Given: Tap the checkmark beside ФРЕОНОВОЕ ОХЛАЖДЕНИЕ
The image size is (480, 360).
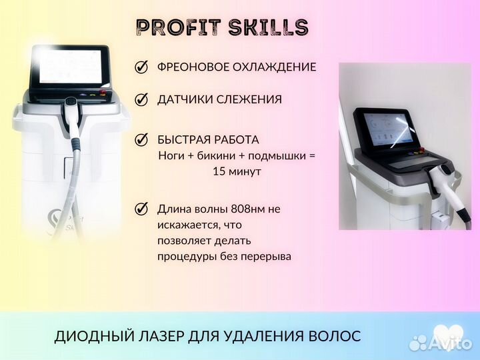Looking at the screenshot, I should pyautogui.click(x=141, y=67).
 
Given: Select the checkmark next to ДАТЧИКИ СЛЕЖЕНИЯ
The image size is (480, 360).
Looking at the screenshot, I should pyautogui.click(x=141, y=100).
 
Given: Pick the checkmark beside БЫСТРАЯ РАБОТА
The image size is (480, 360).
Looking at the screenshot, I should pyautogui.click(x=141, y=140).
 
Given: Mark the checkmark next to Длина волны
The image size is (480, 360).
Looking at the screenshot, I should pyautogui.click(x=141, y=209).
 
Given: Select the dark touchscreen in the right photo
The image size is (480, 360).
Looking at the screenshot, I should pyautogui.click(x=391, y=127).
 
